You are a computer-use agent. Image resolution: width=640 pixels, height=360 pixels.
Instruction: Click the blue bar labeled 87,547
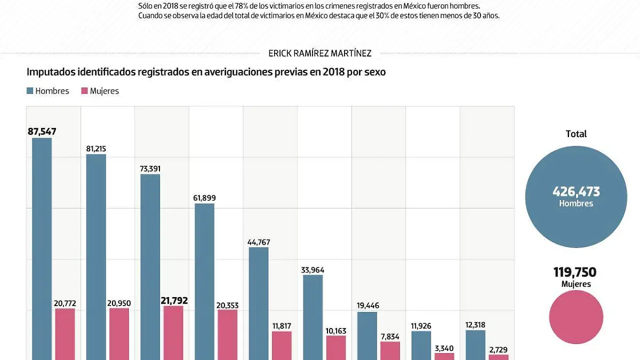(x=42, y=248)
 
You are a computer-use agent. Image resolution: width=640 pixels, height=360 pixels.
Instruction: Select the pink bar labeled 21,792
(x=173, y=332)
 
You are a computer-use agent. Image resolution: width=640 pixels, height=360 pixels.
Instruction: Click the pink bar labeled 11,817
(x=282, y=345)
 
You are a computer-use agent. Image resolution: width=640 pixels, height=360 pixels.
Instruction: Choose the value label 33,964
(x=313, y=270)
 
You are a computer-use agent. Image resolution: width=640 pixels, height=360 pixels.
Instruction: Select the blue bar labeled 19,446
(x=367, y=335)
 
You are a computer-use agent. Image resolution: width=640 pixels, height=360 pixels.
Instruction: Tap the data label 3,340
(x=444, y=348)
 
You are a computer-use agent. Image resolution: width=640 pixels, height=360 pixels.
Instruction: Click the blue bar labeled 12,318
(x=475, y=345)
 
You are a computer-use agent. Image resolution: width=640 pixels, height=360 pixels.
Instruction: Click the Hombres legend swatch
(x=30, y=91)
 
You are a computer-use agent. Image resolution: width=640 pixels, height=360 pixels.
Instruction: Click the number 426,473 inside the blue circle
(x=576, y=192)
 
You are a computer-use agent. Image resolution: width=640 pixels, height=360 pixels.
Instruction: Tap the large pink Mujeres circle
(x=576, y=317)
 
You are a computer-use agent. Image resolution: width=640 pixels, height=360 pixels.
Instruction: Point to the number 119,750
(x=576, y=273)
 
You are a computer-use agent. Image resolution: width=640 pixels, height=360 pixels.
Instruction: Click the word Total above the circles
(x=576, y=134)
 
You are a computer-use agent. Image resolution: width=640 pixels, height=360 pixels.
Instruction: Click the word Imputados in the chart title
(x=50, y=72)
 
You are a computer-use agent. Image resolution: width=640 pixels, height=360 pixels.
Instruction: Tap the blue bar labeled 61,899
(x=204, y=281)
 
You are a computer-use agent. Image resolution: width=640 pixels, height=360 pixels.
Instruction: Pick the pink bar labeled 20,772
(x=65, y=334)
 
